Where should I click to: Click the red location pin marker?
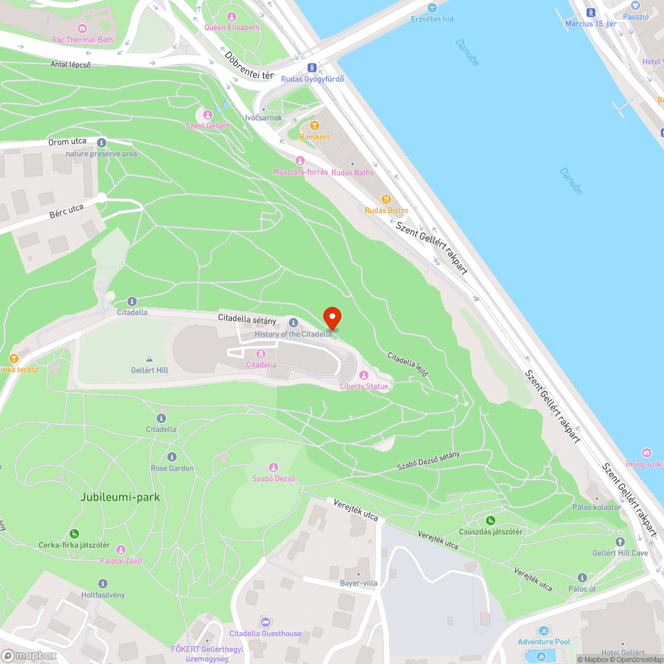pos(331,317)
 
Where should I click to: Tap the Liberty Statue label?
pos(364,386)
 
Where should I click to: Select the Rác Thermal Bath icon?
pos(82,29)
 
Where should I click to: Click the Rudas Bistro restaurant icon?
pos(386,199)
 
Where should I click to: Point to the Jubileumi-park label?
pos(120,497)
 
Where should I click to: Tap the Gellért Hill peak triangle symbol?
pos(149,359)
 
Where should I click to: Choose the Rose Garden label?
pos(172,468)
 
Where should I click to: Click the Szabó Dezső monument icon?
pos(273,467)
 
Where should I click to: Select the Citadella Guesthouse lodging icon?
pos(265,622)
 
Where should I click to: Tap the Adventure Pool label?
pos(544,642)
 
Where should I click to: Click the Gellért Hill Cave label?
pos(620,553)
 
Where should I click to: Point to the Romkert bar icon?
pos(315,125)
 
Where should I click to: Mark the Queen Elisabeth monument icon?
pos(231,17)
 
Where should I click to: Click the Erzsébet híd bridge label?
pos(432,19)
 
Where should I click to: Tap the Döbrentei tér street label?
pos(249,66)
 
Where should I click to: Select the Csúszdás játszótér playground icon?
pos(491,521)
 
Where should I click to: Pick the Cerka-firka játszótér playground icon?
pos(74,534)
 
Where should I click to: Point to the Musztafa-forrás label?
pos(300,171)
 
